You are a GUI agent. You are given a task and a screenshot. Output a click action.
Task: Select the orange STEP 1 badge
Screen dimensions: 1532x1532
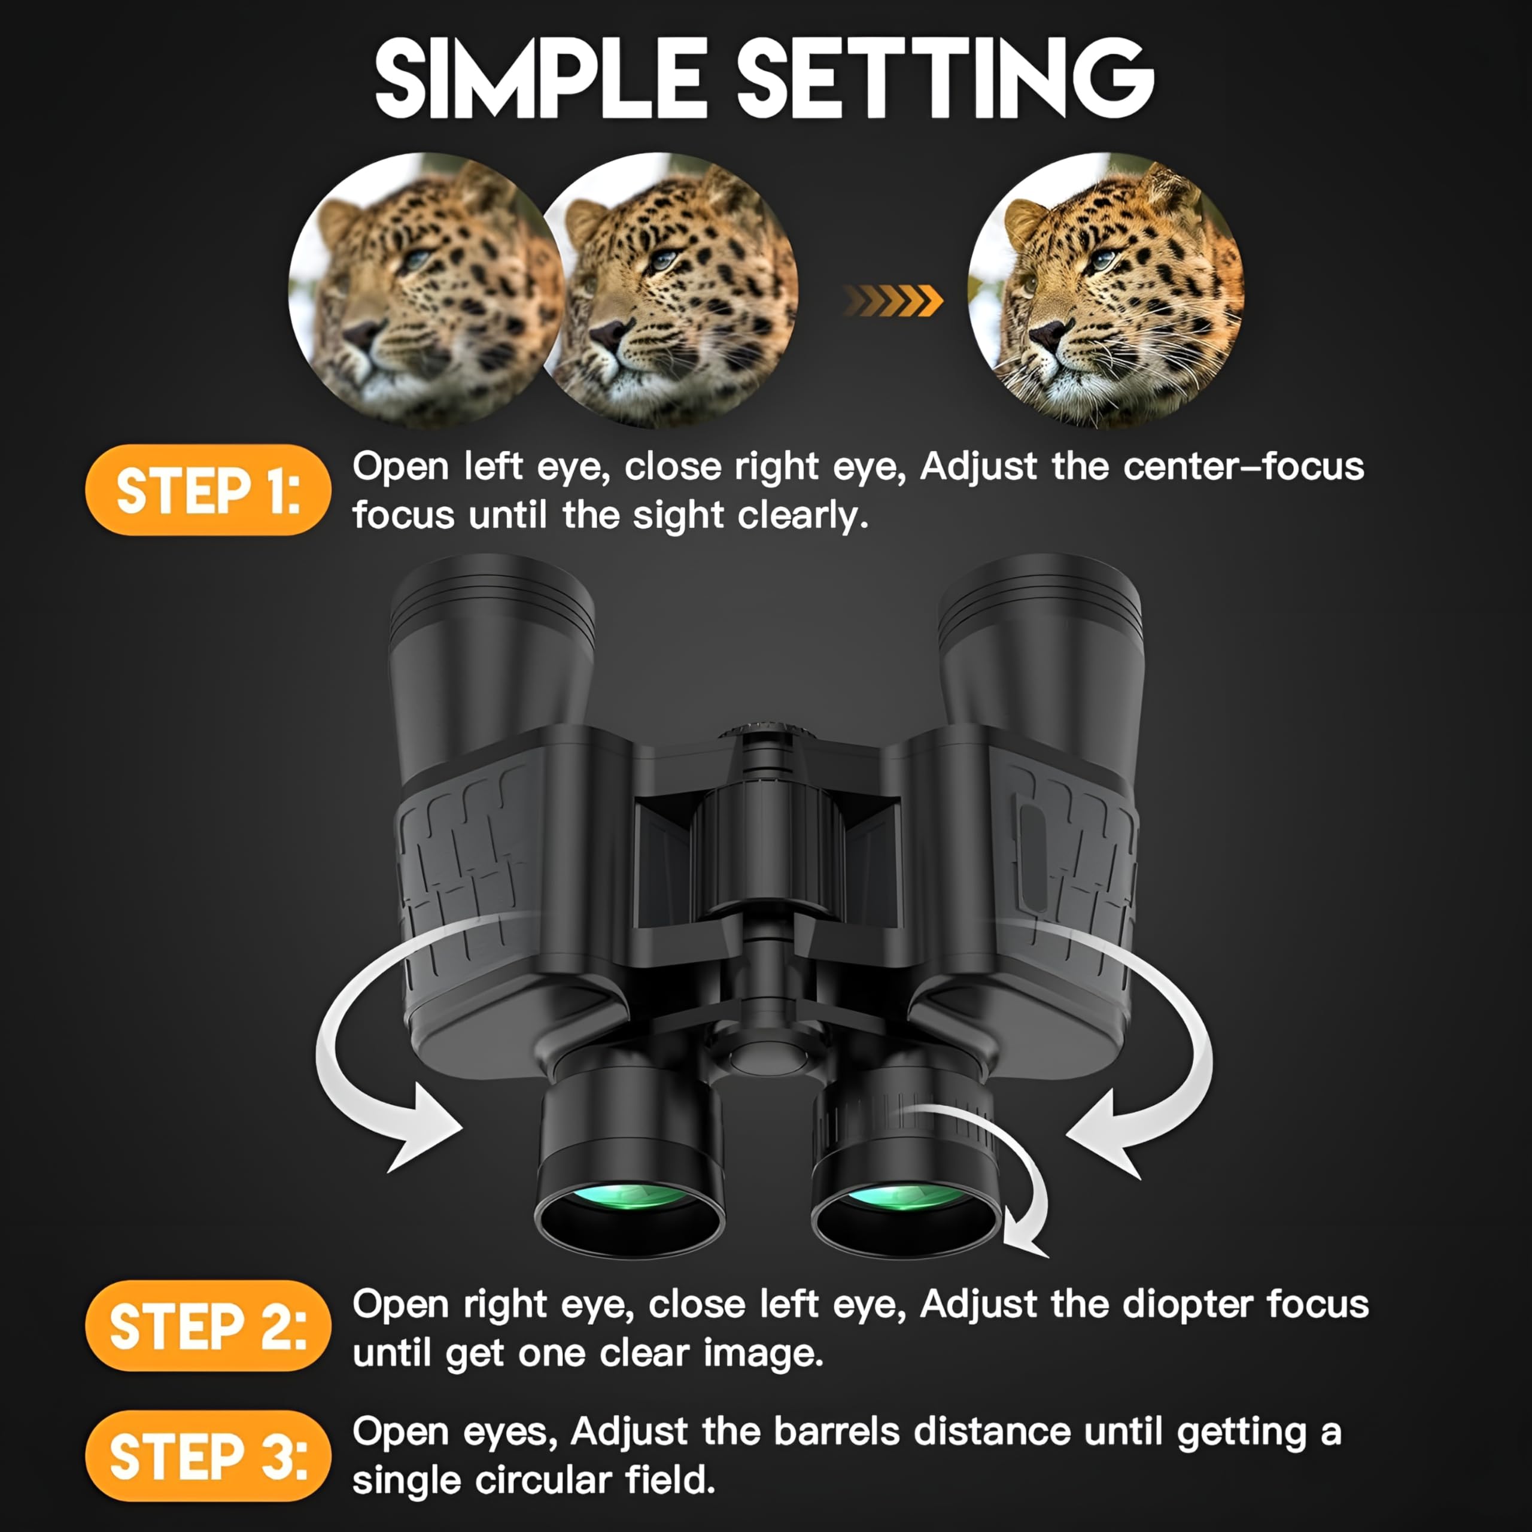208,490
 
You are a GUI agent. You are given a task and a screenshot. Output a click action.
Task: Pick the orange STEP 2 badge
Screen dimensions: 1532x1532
208,1326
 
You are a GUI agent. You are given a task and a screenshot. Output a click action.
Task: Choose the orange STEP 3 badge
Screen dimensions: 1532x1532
208,1456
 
